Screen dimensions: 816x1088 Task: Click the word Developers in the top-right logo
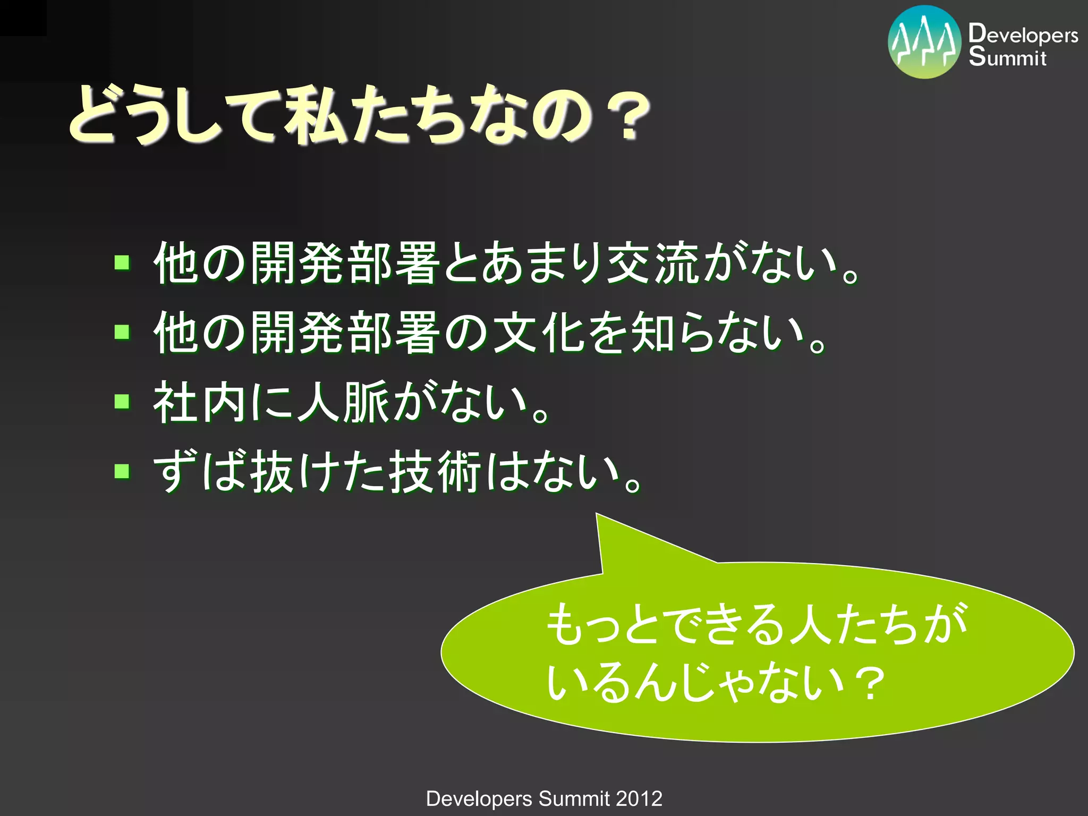tap(1023, 35)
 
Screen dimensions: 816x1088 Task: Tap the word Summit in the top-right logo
tap(1007, 57)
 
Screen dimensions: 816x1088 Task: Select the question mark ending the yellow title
tap(629, 118)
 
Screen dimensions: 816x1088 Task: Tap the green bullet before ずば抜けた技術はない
tap(122, 471)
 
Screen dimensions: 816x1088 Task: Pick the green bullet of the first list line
tap(122, 262)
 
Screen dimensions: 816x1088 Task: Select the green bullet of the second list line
tap(122, 332)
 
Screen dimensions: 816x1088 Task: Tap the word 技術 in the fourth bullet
tap(436, 472)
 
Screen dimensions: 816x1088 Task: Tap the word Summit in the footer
tap(574, 798)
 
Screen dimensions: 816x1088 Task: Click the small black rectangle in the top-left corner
tap(23, 18)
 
